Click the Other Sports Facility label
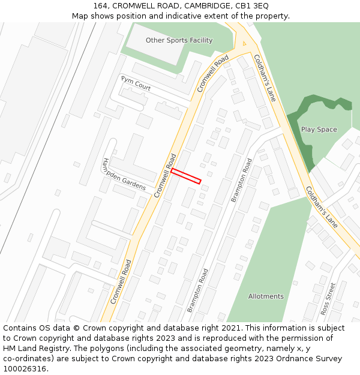point(179,40)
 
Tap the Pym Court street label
point(136,83)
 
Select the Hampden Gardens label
point(123,175)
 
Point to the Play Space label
point(319,130)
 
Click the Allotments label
point(266,296)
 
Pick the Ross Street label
point(328,299)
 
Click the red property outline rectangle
point(186,176)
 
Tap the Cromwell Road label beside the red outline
point(165,176)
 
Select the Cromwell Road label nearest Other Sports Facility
point(213,74)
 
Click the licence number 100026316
point(25,369)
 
